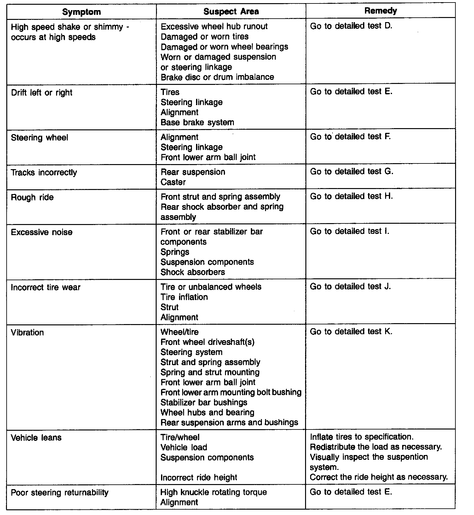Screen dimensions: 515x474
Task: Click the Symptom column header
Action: coord(81,12)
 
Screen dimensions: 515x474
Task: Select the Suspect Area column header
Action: coord(231,12)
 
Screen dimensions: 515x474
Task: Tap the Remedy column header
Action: coord(380,11)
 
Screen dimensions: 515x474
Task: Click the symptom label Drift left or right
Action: coord(42,92)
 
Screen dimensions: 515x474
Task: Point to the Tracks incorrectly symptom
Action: coord(44,173)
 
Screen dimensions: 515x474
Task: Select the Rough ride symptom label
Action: coord(32,198)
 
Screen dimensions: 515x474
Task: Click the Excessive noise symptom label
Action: coord(42,232)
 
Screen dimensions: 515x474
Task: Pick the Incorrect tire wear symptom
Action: coord(46,287)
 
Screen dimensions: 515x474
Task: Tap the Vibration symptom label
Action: coord(27,333)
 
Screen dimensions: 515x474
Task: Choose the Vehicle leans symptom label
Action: coord(36,438)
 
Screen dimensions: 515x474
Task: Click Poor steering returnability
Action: coord(60,493)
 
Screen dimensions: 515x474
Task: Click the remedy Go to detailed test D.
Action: coord(351,26)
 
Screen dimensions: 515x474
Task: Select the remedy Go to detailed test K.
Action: coord(351,332)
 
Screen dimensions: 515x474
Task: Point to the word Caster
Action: coord(173,182)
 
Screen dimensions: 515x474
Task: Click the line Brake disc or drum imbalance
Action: coord(217,77)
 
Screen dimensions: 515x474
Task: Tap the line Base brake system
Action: coord(197,122)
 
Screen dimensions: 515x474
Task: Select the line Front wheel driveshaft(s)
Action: coord(207,342)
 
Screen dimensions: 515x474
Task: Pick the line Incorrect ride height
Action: coord(199,477)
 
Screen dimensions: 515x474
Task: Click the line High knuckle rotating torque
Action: coord(213,492)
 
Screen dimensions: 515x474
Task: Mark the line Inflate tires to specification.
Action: coord(361,437)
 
